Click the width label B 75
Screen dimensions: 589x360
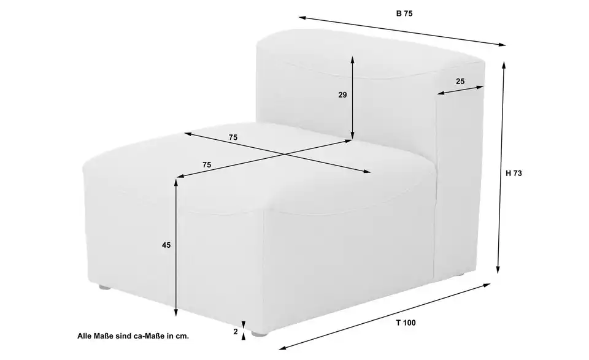pyautogui.click(x=404, y=13)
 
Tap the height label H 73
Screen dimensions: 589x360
pyautogui.click(x=514, y=174)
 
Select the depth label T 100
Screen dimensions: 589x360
pyautogui.click(x=406, y=323)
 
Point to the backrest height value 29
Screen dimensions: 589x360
pyautogui.click(x=342, y=95)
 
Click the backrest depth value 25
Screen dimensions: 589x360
pyautogui.click(x=460, y=81)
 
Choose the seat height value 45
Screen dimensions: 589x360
pyautogui.click(x=166, y=245)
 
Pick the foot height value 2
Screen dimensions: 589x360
pyautogui.click(x=236, y=332)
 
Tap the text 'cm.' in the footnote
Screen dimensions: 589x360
pyautogui.click(x=183, y=336)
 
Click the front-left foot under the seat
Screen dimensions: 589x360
pyautogui.click(x=105, y=288)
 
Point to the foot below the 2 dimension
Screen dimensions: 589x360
pyautogui.click(x=259, y=334)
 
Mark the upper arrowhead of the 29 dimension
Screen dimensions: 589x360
pyautogui.click(x=352, y=59)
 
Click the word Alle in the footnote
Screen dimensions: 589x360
pyautogui.click(x=83, y=336)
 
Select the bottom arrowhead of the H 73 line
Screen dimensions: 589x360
pyautogui.click(x=498, y=270)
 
